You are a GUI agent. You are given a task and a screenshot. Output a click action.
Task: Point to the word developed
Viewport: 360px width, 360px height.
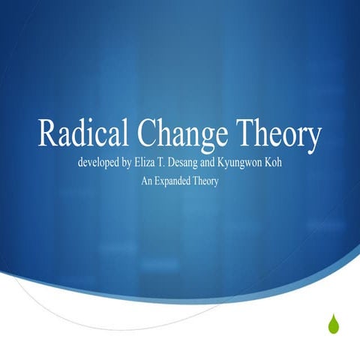(x=100, y=163)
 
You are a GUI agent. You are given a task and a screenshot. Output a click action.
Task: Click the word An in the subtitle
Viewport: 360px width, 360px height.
(x=148, y=181)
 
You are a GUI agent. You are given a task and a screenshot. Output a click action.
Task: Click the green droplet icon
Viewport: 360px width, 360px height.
(x=333, y=323)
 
